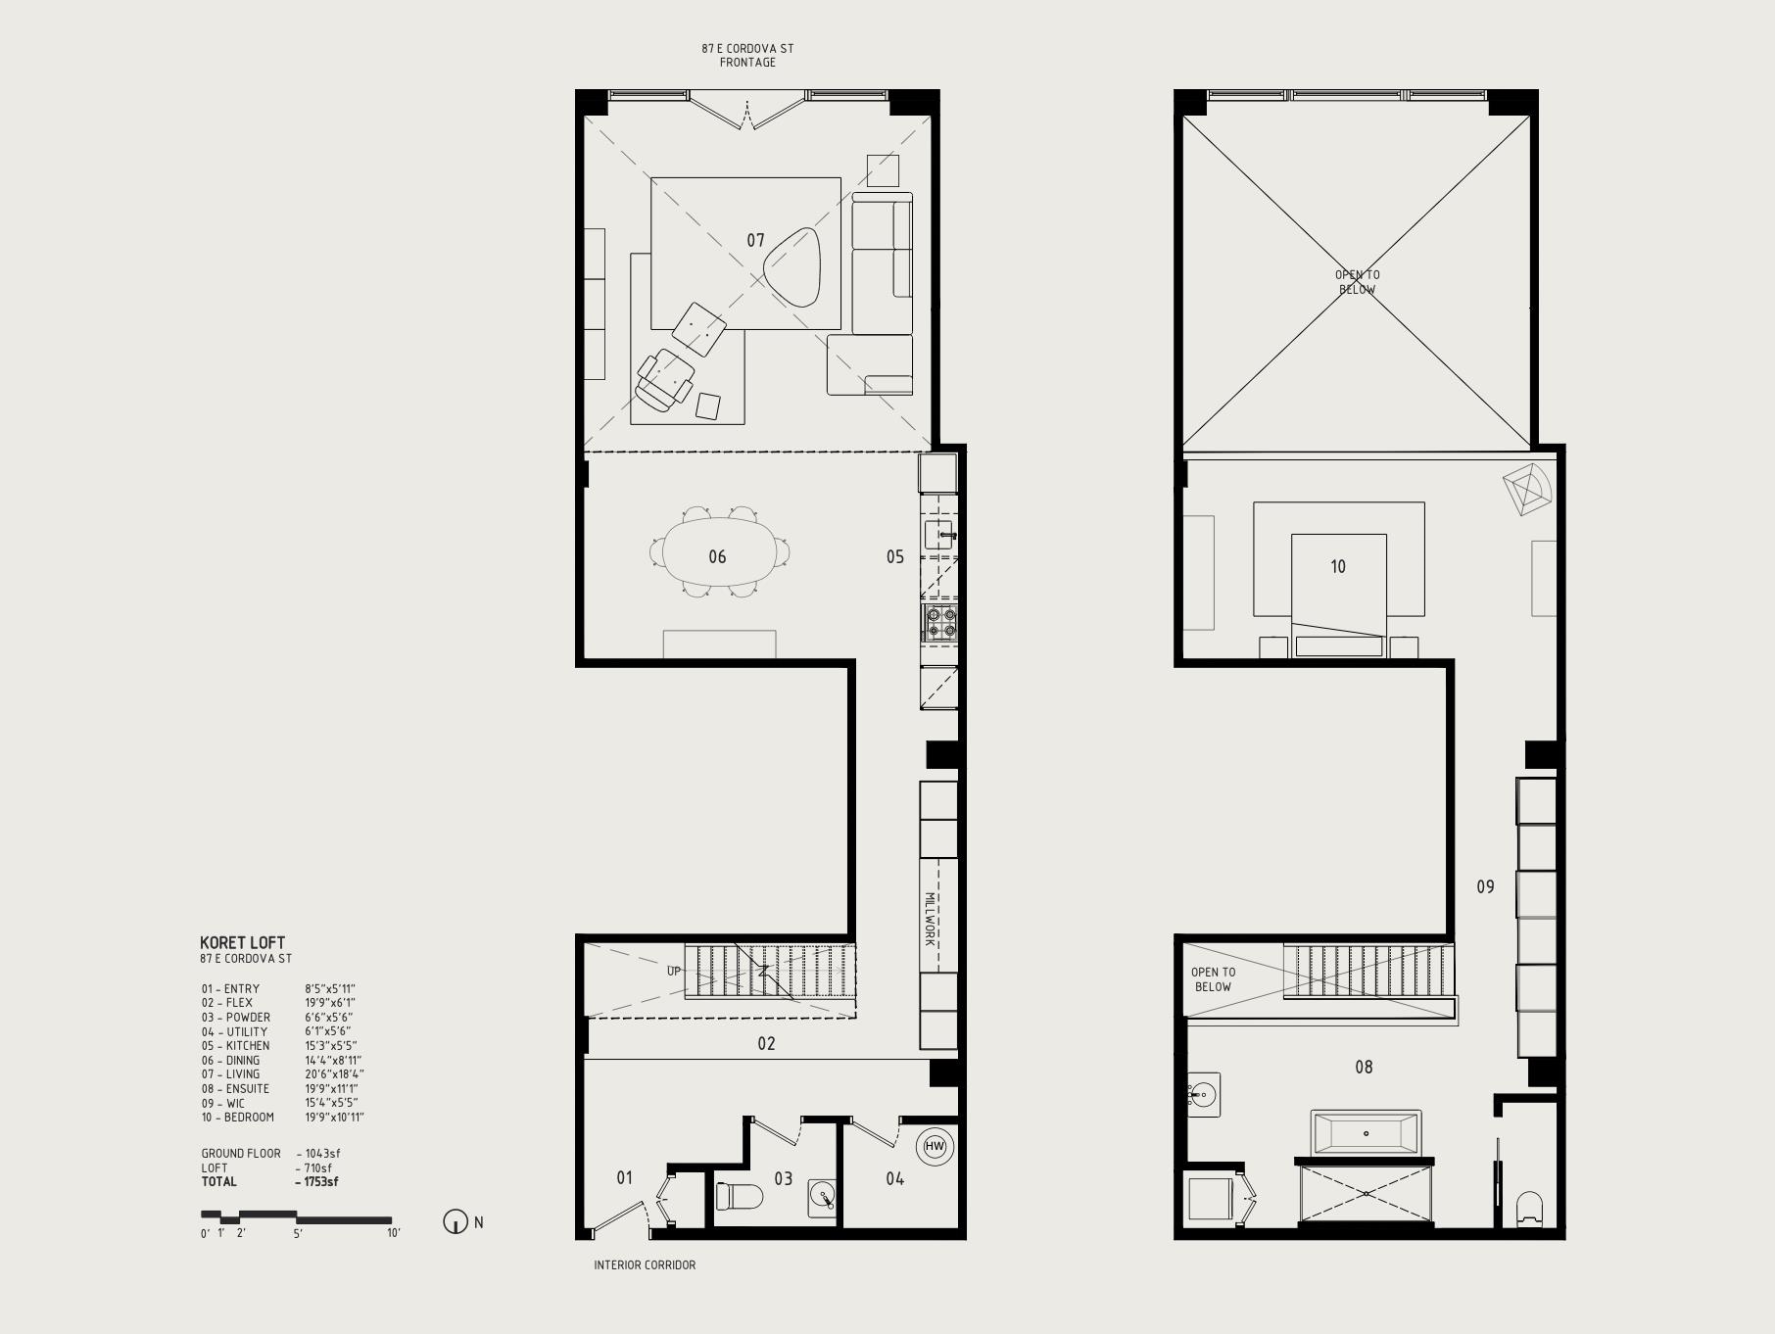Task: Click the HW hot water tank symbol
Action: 935,1147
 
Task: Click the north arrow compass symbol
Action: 456,1222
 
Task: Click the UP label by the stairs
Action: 674,972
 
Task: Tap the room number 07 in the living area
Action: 755,240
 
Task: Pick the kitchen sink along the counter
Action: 939,535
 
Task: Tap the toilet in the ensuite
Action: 1528,1208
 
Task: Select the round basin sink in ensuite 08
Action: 1203,1095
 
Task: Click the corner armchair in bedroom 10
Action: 1527,489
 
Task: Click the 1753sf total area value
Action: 316,1182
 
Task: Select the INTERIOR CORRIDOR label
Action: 645,1265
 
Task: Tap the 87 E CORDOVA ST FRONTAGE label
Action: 747,55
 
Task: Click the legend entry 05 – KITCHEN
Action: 235,1046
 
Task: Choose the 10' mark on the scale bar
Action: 394,1233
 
